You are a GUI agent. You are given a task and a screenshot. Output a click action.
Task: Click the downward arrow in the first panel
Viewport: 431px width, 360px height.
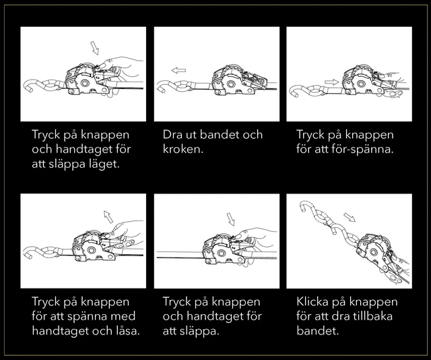[94, 48]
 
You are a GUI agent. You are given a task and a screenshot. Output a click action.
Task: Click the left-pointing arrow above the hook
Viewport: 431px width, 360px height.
[178, 71]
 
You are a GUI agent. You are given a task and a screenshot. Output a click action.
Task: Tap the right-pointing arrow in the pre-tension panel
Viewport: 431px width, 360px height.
[331, 82]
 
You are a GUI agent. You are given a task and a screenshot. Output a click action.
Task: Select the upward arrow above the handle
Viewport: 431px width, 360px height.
[108, 216]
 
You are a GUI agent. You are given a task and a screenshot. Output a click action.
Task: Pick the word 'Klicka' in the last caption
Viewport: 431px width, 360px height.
[312, 301]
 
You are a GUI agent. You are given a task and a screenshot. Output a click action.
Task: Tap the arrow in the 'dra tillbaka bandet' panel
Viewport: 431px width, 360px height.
[350, 217]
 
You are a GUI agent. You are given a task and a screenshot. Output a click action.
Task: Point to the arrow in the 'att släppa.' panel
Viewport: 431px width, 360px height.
[230, 219]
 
